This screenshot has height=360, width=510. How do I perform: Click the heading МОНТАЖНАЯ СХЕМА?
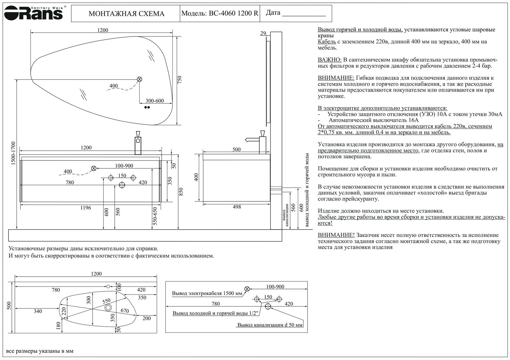click(x=126, y=14)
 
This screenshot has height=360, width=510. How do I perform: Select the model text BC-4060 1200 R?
click(x=233, y=13)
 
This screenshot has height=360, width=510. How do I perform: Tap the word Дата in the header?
click(x=273, y=13)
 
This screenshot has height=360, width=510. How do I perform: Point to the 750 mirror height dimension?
click(x=179, y=80)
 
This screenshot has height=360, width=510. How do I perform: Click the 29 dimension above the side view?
click(x=263, y=33)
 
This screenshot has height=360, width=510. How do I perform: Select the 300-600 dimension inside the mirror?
click(x=155, y=101)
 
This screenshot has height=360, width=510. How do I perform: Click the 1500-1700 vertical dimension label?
click(x=13, y=153)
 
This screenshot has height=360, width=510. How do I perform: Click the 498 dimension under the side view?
click(x=236, y=207)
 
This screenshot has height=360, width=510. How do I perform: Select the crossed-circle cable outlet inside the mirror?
click(x=140, y=79)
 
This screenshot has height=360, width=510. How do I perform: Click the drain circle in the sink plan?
click(x=108, y=308)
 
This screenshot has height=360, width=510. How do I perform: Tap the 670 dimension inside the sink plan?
click(x=124, y=311)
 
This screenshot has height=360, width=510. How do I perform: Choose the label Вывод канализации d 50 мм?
click(x=270, y=325)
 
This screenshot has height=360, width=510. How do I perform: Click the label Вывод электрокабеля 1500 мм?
click(x=207, y=293)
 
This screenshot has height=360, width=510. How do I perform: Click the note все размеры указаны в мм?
click(x=40, y=351)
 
